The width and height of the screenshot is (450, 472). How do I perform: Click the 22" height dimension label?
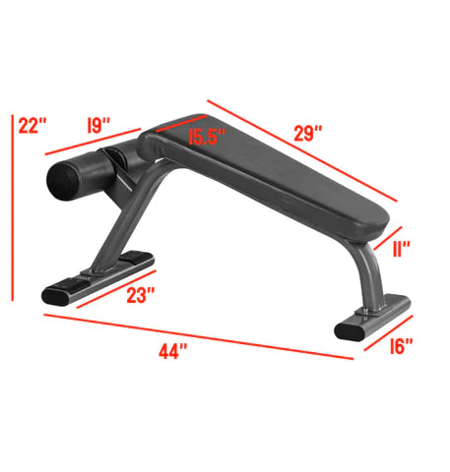click(x=32, y=126)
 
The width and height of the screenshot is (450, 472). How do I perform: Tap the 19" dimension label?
click(x=98, y=126)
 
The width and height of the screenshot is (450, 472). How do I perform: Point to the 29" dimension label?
click(x=312, y=134)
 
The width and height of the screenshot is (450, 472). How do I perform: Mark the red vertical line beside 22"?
click(x=13, y=206)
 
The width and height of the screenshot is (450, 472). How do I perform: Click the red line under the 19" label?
click(x=94, y=144)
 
